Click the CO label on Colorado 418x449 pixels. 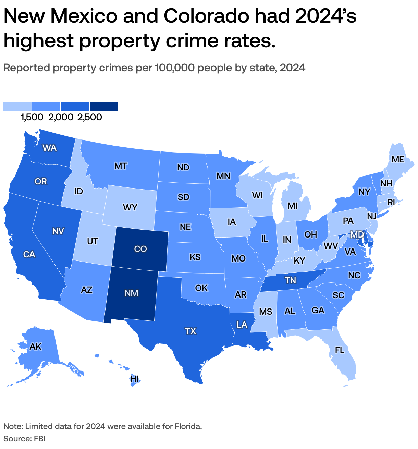click(140, 249)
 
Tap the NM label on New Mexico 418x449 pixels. click(132, 293)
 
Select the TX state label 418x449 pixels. click(190, 331)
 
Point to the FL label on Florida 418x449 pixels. click(340, 350)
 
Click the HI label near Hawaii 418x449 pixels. click(134, 379)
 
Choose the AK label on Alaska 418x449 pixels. click(36, 347)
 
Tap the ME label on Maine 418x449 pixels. click(398, 159)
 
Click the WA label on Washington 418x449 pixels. click(49, 148)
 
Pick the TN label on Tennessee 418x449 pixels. click(290, 281)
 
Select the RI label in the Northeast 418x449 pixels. click(391, 203)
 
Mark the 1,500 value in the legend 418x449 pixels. click(32, 117)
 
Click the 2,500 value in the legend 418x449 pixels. click(90, 117)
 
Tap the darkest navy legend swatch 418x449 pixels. click(104, 107)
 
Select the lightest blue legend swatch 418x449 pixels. click(17, 107)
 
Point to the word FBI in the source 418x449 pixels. click(39, 439)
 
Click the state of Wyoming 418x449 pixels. click(130, 207)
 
